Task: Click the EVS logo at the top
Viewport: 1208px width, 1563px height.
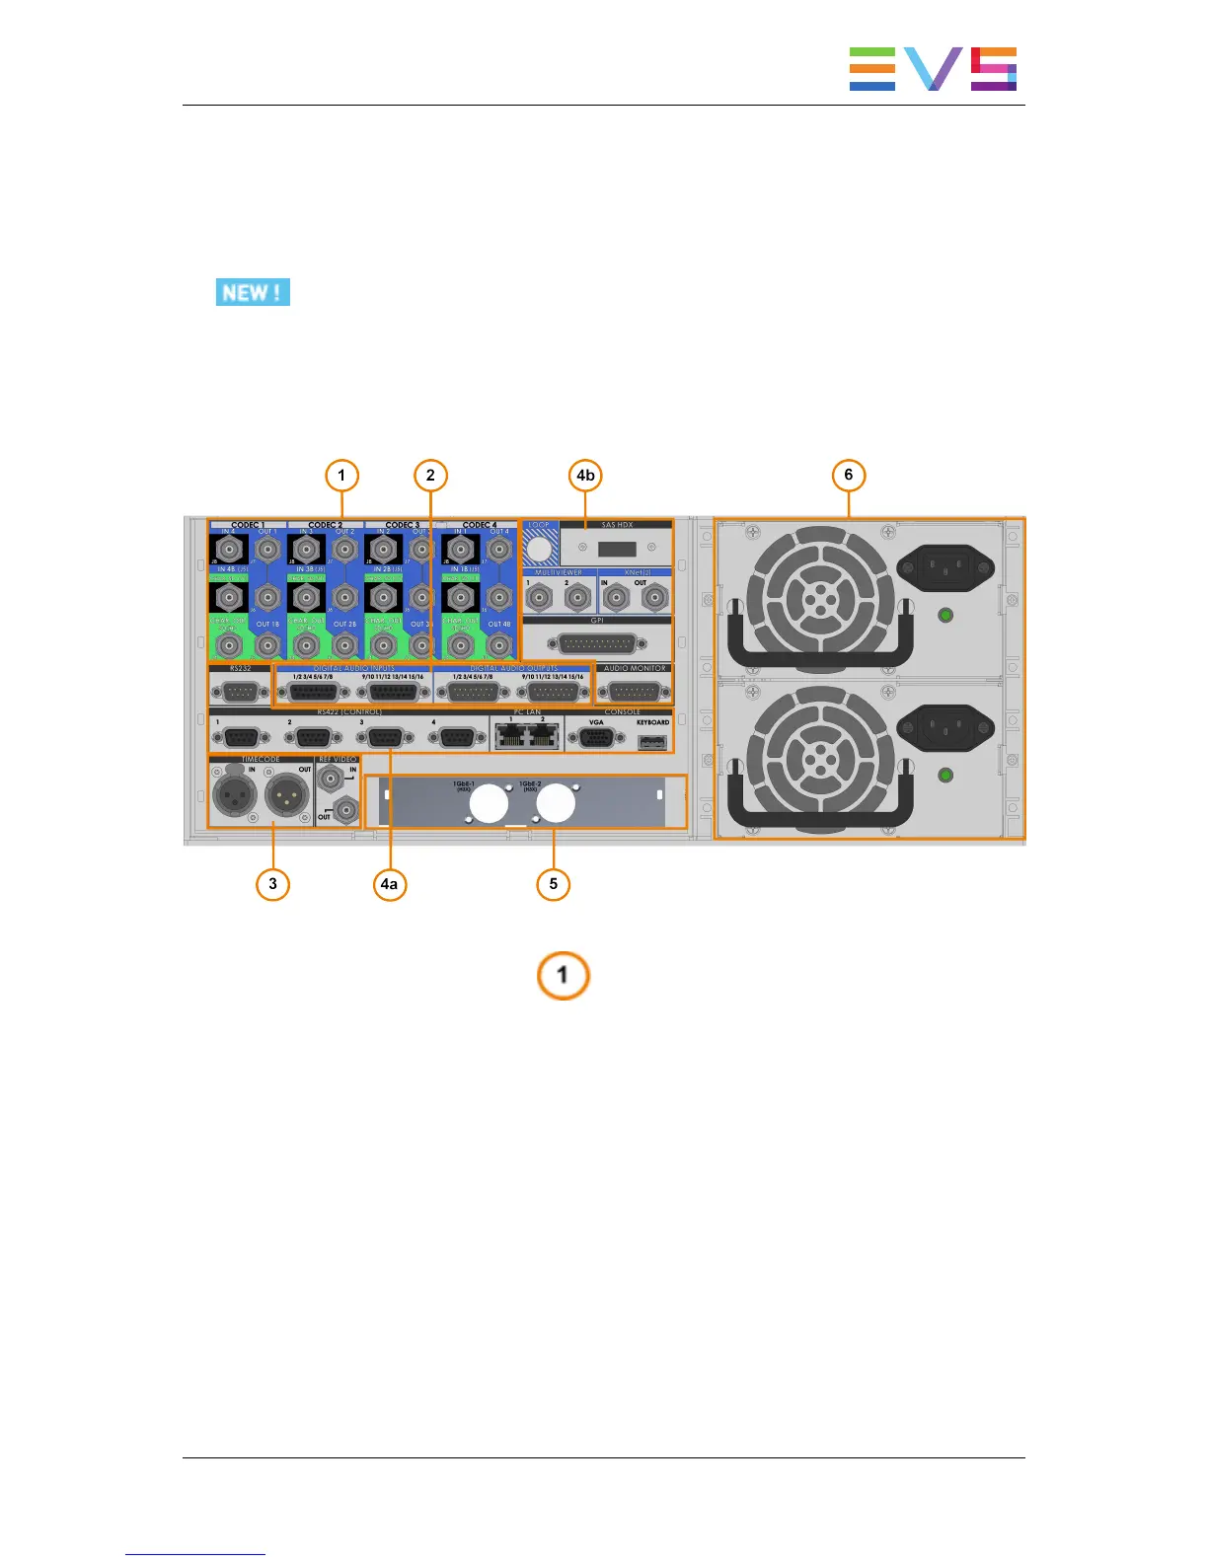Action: (933, 69)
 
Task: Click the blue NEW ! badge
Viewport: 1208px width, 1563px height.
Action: (253, 293)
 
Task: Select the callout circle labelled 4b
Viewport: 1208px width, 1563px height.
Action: (585, 476)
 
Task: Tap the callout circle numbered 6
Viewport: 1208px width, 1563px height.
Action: (848, 476)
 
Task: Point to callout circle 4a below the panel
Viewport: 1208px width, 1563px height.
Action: (390, 884)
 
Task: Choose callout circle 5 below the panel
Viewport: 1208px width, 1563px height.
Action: (553, 884)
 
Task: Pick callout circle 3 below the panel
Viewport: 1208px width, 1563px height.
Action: (273, 884)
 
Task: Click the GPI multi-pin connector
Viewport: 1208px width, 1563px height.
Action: (597, 643)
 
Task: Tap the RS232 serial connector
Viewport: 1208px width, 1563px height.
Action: (240, 691)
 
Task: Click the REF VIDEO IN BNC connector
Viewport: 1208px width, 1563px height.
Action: (335, 780)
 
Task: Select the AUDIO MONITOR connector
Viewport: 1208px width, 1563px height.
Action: (635, 691)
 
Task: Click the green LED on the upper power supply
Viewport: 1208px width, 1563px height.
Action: (945, 616)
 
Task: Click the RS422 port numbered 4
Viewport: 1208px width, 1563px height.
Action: (456, 738)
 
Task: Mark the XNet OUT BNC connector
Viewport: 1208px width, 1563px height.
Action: (653, 597)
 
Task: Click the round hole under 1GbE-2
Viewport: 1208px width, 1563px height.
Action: (555, 804)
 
